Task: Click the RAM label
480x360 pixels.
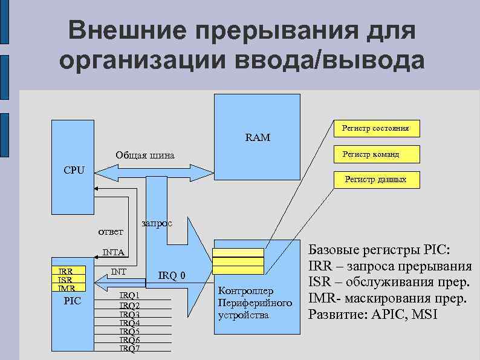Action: coord(258,138)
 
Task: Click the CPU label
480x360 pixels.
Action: coord(74,169)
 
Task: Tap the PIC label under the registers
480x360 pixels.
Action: coord(73,301)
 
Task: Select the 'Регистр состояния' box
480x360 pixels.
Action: coord(375,128)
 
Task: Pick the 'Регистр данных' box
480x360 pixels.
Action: coord(375,180)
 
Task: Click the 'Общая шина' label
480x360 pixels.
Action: coord(145,156)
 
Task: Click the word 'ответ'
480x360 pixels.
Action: coord(111,232)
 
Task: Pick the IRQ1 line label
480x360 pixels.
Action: coord(129,295)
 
